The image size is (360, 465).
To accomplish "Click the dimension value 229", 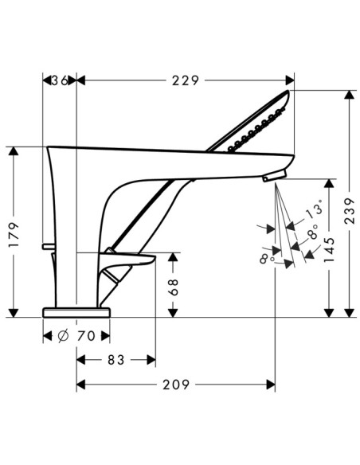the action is [x=186, y=80].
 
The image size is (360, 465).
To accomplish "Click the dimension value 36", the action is [x=61, y=80].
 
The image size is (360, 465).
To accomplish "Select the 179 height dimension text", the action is [x=14, y=234].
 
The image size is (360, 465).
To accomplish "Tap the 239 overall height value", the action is [x=350, y=211].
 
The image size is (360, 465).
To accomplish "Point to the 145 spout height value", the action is [x=329, y=250].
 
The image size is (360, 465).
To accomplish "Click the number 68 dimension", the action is [x=173, y=287].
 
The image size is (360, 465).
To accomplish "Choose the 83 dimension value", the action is [x=116, y=360].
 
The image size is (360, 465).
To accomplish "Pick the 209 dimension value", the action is [x=176, y=385].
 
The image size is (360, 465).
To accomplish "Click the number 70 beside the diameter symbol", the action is [x=86, y=336].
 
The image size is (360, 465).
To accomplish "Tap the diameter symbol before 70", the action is [x=63, y=336].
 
